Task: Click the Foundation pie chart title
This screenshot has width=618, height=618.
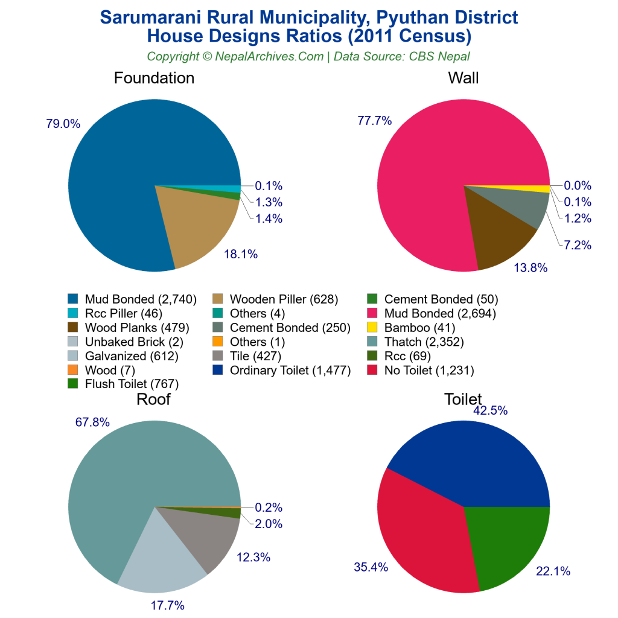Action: tap(154, 78)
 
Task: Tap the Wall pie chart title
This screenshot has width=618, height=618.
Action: tap(463, 78)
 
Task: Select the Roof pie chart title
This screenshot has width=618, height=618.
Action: tap(153, 400)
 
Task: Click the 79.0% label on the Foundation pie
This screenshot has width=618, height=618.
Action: tap(63, 124)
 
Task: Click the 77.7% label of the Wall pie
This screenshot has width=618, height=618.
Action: tap(374, 121)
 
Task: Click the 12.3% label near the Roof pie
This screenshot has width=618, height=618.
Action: tap(252, 558)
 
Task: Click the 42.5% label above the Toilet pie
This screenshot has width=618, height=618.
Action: tap(490, 411)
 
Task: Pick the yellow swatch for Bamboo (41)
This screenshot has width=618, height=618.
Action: tap(372, 328)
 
